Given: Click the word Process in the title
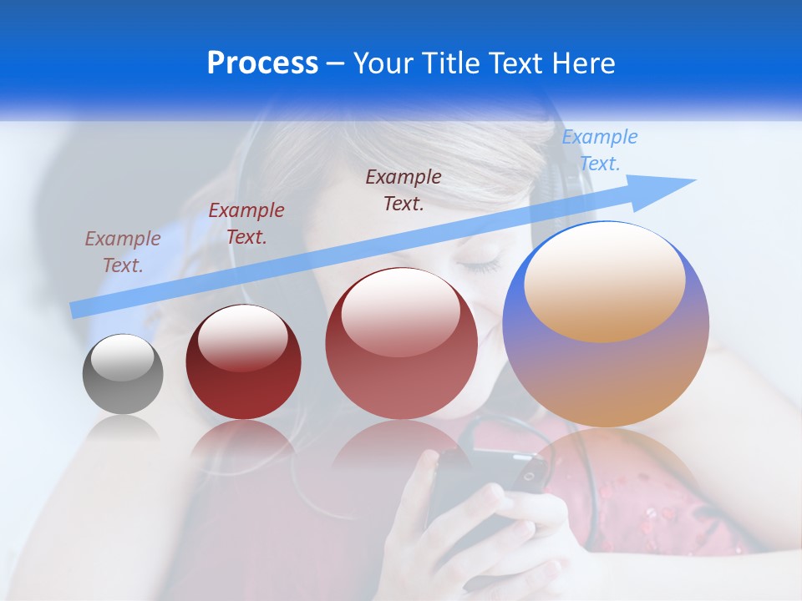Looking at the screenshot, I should click(x=262, y=63).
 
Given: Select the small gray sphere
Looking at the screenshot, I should click(x=123, y=375).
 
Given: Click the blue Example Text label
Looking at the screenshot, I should click(x=600, y=150).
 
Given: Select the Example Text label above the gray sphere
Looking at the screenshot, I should click(x=123, y=251).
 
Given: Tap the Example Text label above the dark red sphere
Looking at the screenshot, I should click(x=246, y=223).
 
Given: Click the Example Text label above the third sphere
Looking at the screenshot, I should click(x=404, y=189).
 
